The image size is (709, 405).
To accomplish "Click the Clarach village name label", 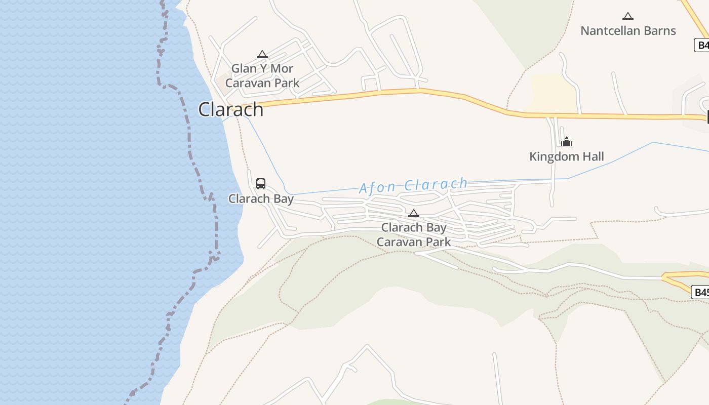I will [x=231, y=109].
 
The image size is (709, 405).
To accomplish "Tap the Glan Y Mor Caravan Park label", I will [x=262, y=75].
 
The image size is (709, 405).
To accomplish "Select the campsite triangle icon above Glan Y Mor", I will [x=262, y=54].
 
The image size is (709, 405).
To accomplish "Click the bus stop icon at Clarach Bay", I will [x=261, y=183].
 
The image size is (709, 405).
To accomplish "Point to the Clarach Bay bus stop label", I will [x=261, y=198].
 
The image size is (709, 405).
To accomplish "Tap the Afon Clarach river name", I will [x=413, y=185].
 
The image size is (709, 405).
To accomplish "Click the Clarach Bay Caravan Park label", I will [x=414, y=235].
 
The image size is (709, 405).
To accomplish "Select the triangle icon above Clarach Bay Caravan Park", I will [x=414, y=213].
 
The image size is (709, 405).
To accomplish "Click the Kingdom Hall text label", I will [x=567, y=156].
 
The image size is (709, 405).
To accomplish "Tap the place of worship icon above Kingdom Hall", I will [x=567, y=141].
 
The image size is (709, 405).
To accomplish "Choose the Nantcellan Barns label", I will [x=628, y=30].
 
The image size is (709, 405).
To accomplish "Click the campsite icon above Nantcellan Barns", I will [x=628, y=16].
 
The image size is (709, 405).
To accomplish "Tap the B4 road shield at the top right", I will [x=702, y=45].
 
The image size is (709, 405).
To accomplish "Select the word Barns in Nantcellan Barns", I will [x=660, y=30].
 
